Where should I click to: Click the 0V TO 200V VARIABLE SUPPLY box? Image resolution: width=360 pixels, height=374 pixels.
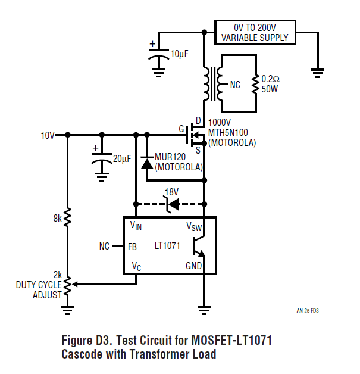pyautogui.click(x=255, y=32)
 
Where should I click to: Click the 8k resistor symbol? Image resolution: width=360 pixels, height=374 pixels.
pyautogui.click(x=67, y=217)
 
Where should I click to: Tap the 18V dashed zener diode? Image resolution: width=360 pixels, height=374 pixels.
pyautogui.click(x=170, y=204)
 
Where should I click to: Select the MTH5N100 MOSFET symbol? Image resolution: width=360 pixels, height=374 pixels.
pyautogui.click(x=195, y=135)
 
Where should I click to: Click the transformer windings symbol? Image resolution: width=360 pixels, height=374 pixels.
pyautogui.click(x=212, y=84)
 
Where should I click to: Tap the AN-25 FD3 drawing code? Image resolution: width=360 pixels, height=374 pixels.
pyautogui.click(x=311, y=311)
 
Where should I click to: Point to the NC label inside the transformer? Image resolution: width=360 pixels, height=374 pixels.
pyautogui.click(x=235, y=85)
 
